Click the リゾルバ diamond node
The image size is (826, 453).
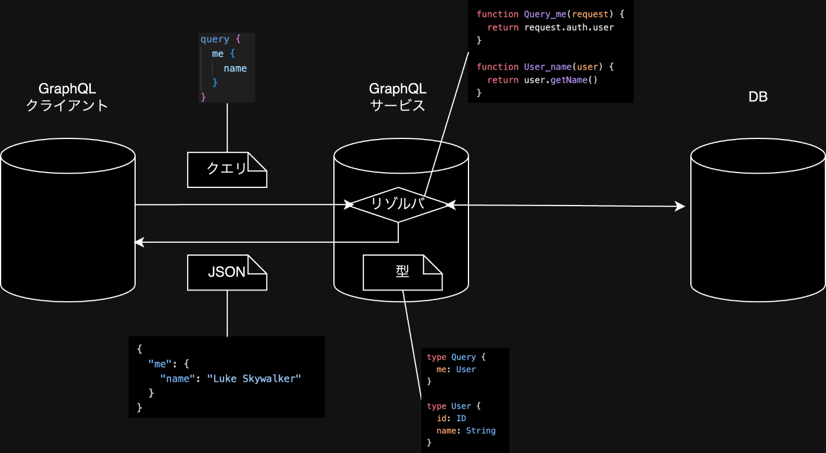(x=398, y=204)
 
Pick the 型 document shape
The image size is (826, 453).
(x=402, y=272)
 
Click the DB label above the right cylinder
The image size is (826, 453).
(x=758, y=98)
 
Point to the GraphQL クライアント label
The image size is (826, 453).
(x=67, y=97)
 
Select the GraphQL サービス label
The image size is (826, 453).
(x=398, y=97)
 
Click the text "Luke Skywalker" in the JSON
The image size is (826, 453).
(x=254, y=379)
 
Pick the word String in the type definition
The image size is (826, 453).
(x=480, y=431)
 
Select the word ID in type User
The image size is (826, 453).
(x=461, y=418)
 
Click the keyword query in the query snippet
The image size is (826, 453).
(x=215, y=39)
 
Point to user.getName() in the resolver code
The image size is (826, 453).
(x=560, y=80)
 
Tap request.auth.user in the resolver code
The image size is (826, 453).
(x=569, y=27)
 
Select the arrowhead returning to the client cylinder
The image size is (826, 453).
(x=139, y=242)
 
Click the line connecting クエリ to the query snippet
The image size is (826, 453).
(x=227, y=127)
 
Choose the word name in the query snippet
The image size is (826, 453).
(x=235, y=68)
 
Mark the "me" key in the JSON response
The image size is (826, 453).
(x=158, y=364)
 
